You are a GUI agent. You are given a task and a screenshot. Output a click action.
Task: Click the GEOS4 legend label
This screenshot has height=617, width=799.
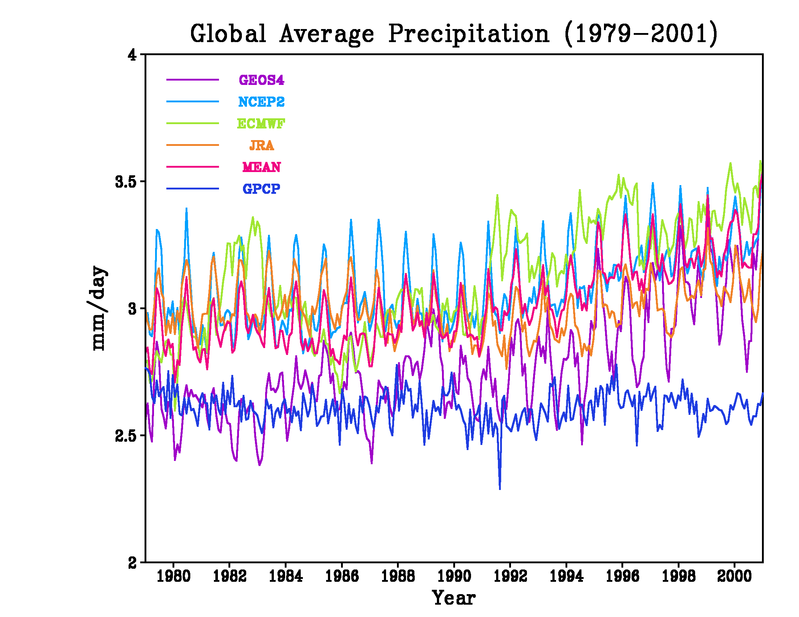[261, 80]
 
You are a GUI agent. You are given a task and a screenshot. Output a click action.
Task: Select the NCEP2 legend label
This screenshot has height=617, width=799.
[261, 102]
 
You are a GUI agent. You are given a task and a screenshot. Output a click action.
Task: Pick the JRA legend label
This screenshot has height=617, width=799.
[261, 145]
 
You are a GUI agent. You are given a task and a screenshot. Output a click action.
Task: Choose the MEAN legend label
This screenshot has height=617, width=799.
[261, 167]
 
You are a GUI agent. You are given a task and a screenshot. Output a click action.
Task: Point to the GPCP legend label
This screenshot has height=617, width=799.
[261, 189]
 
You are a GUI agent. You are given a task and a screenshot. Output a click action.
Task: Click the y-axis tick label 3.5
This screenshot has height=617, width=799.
[126, 182]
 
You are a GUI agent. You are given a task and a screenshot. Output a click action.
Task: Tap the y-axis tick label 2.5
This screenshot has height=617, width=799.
[126, 436]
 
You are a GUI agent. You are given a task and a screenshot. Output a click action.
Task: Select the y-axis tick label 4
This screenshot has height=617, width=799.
[132, 55]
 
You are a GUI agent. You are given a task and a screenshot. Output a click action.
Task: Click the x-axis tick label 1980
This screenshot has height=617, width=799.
[173, 576]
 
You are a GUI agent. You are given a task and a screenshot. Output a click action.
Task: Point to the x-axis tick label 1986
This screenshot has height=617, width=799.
[342, 576]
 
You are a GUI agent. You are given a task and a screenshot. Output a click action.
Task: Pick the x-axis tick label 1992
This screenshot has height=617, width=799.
[510, 576]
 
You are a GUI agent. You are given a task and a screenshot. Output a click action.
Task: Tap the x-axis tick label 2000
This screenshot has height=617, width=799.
[734, 576]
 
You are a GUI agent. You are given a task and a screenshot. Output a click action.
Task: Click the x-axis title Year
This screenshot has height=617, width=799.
[454, 598]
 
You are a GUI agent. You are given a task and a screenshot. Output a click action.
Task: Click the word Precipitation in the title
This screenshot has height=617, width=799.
[469, 34]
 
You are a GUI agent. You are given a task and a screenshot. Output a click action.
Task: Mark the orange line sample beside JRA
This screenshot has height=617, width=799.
[192, 145]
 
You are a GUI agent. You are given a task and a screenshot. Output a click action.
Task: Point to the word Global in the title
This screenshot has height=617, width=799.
[228, 34]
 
